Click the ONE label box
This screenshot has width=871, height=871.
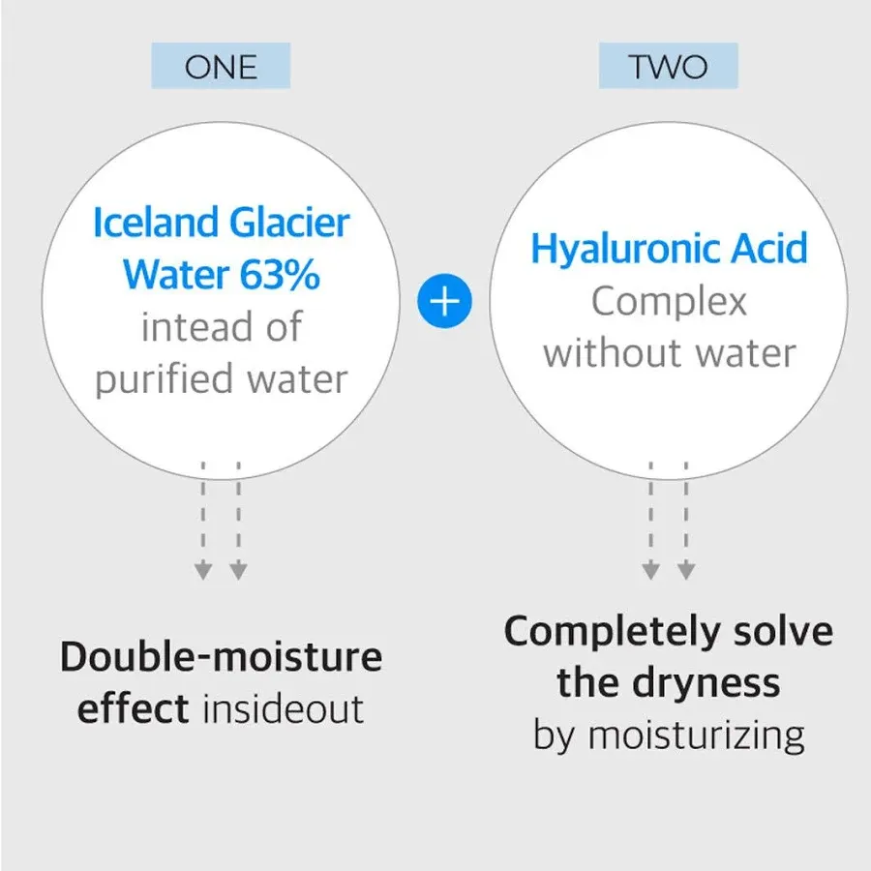pyautogui.click(x=221, y=66)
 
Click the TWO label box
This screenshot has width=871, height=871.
pyautogui.click(x=668, y=66)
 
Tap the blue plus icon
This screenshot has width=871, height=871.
pyautogui.click(x=444, y=301)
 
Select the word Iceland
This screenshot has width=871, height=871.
pyautogui.click(x=156, y=223)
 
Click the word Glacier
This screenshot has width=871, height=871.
pyautogui.click(x=289, y=223)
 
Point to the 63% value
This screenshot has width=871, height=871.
pyautogui.click(x=280, y=274)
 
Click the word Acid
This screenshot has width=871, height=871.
pyautogui.click(x=768, y=248)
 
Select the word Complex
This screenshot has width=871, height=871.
pyautogui.click(x=669, y=303)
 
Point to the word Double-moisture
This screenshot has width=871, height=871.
pyautogui.click(x=221, y=656)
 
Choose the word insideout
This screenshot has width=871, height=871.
pyautogui.click(x=284, y=708)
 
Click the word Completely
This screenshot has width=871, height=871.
pyautogui.click(x=612, y=633)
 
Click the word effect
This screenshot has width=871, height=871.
pyautogui.click(x=134, y=708)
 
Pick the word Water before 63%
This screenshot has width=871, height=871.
pyautogui.click(x=176, y=274)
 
